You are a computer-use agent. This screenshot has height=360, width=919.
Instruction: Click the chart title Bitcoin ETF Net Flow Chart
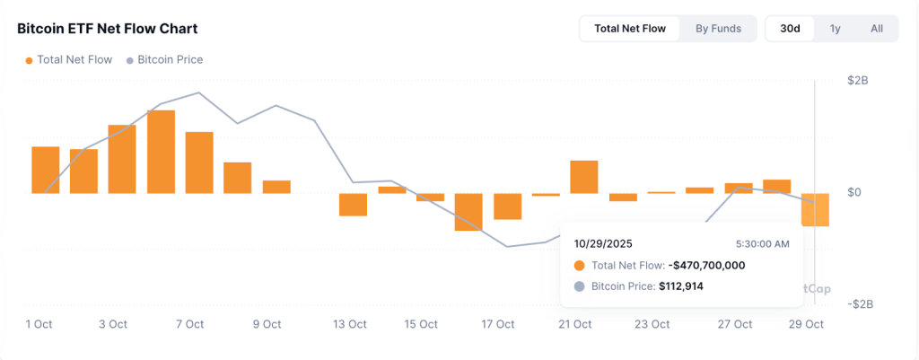click(x=108, y=29)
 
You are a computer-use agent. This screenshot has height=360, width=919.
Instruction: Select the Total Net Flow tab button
click(x=630, y=29)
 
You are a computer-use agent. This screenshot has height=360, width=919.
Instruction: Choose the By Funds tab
click(x=718, y=29)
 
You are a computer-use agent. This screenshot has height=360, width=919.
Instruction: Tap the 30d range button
click(x=790, y=29)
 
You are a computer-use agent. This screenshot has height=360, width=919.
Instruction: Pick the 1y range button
click(x=835, y=29)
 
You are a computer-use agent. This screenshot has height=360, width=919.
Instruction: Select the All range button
click(x=877, y=29)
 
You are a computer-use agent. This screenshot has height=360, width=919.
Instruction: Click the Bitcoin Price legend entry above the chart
click(x=170, y=60)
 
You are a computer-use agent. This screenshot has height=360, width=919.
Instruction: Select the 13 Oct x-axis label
click(x=350, y=324)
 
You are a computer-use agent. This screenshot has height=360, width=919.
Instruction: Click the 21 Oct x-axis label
click(x=574, y=324)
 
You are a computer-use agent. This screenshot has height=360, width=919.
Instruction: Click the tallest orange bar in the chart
click(x=161, y=152)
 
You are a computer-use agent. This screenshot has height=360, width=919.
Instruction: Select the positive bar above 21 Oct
click(x=583, y=177)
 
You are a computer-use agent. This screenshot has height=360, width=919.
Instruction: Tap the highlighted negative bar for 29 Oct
click(x=815, y=209)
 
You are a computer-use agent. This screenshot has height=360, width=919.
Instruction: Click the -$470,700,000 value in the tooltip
click(x=706, y=266)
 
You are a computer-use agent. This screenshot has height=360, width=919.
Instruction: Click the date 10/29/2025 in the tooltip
click(x=604, y=243)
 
